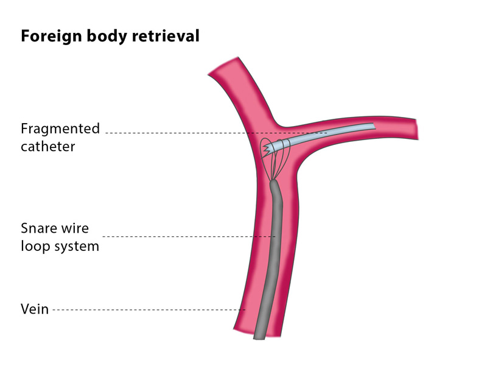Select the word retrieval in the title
coord(167,36)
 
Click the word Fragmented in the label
coord(60,129)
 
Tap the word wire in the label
coord(76,228)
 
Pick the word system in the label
coord(75,247)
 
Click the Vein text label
coord(34,309)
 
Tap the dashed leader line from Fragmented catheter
coord(183,133)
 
